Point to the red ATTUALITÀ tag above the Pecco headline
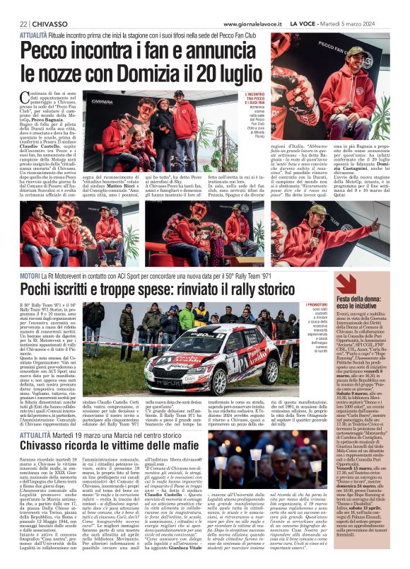tap(34, 33)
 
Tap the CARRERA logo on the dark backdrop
tap(105, 100)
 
